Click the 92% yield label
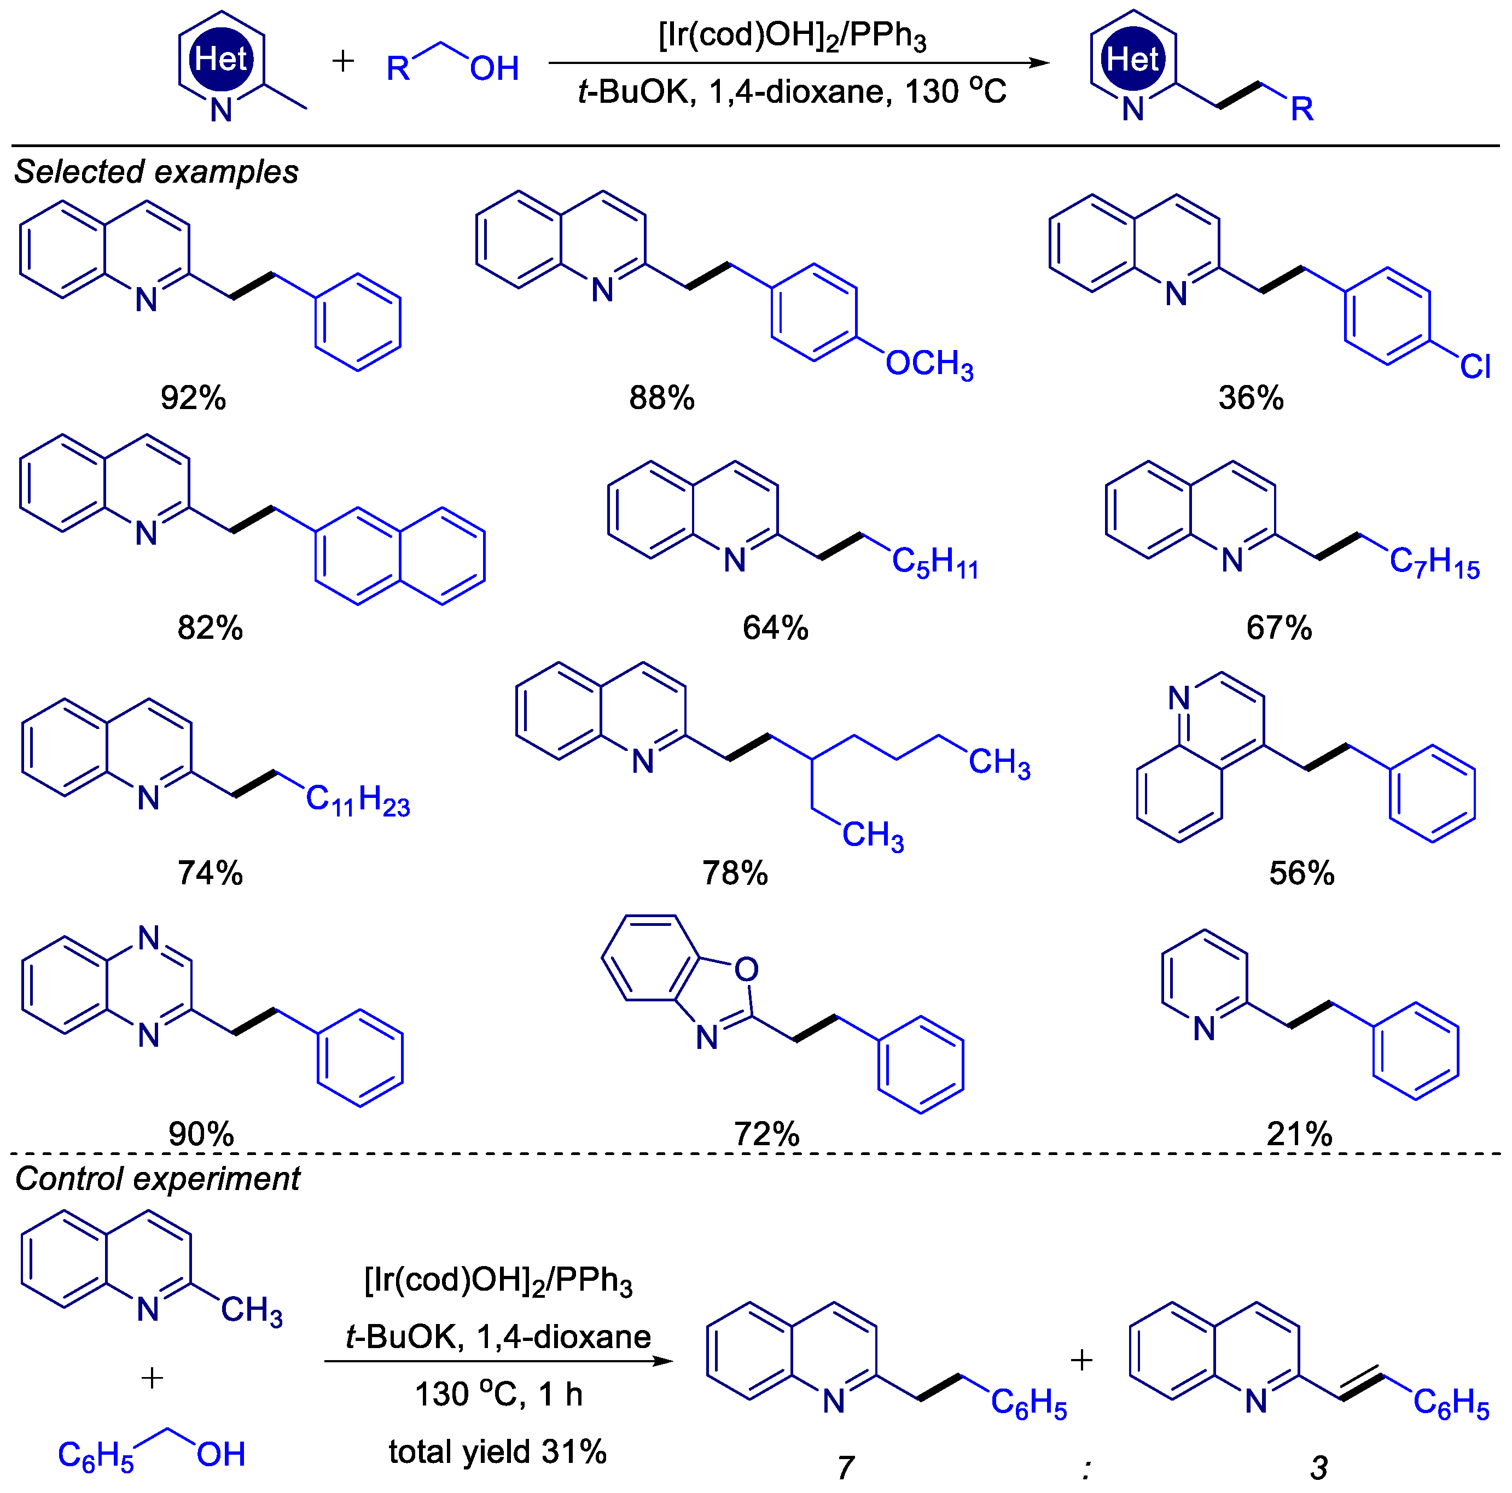pyautogui.click(x=193, y=398)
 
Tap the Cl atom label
pyautogui.click(x=1474, y=366)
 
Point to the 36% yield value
pyautogui.click(x=1251, y=398)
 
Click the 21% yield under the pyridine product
pyautogui.click(x=1299, y=1134)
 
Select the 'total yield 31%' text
pyautogui.click(x=498, y=1451)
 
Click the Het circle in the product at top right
pyautogui.click(x=1132, y=59)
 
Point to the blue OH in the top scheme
pyautogui.click(x=494, y=69)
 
